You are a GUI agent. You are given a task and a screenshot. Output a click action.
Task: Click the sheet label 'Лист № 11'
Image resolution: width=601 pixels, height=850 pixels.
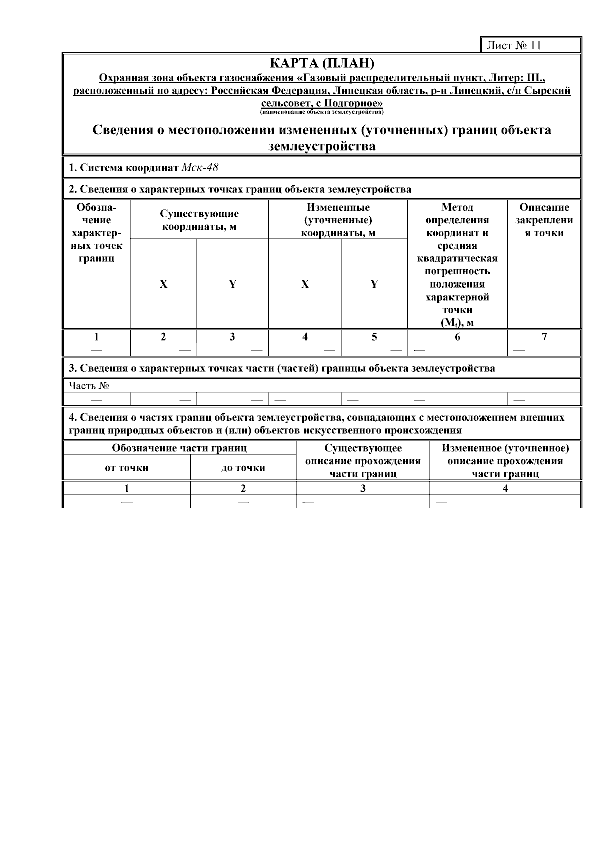(x=514, y=45)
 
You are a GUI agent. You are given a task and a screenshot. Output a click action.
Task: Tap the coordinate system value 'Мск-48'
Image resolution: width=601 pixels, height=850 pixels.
(x=200, y=167)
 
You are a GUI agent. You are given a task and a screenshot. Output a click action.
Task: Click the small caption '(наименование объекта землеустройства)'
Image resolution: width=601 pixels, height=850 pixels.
(x=322, y=112)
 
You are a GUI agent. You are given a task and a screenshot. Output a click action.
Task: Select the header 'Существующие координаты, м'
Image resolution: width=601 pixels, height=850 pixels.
(x=199, y=220)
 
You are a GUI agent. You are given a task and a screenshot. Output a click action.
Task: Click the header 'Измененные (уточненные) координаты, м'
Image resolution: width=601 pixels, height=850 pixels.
(x=338, y=220)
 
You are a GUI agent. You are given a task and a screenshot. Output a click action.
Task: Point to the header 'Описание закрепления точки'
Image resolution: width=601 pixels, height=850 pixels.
(x=544, y=220)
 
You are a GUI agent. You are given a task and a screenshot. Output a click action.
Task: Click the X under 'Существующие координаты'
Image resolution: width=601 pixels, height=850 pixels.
(x=163, y=284)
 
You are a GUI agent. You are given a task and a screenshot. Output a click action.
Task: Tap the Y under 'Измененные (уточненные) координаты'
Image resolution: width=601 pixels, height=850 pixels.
(x=374, y=284)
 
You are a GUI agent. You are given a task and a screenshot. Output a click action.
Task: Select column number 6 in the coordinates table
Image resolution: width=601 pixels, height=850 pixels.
(x=457, y=337)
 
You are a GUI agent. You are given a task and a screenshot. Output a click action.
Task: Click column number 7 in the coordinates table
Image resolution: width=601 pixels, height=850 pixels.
(x=544, y=337)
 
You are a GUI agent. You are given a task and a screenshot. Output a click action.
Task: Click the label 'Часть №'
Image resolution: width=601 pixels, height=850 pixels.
(x=89, y=385)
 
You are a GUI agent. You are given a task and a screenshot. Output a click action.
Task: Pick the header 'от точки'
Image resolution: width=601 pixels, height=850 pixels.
(x=126, y=468)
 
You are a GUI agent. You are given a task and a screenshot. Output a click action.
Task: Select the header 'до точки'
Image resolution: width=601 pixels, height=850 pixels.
(x=243, y=468)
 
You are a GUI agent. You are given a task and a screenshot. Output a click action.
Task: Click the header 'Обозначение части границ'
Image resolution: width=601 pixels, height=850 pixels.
(x=179, y=448)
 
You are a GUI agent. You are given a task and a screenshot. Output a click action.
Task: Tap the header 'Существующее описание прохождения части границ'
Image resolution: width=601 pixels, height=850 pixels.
(x=363, y=461)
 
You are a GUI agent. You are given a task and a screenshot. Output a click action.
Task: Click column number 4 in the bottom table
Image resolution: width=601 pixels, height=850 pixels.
(x=505, y=488)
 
